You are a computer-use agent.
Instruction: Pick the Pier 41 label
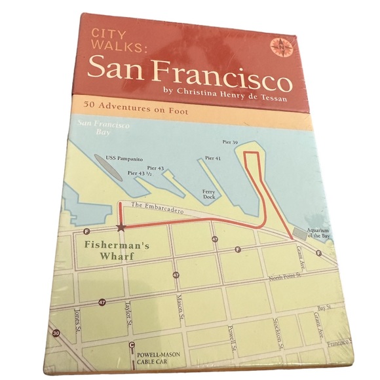pyautogui.click(x=212, y=158)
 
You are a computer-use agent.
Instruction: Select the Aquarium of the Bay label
pyautogui.click(x=316, y=239)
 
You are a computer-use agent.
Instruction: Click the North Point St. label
pyautogui.click(x=287, y=279)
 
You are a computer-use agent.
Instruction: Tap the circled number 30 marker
pyautogui.click(x=58, y=334)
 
